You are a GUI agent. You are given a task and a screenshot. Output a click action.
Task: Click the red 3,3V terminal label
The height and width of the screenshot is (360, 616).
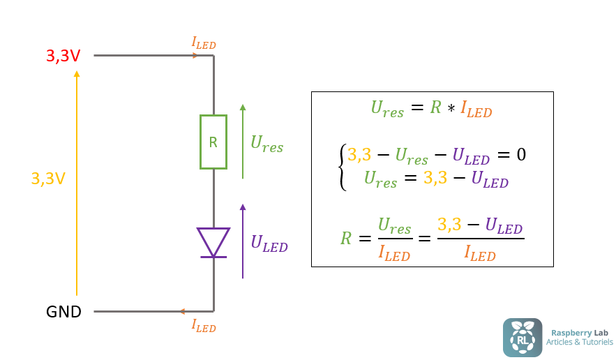[x=63, y=57]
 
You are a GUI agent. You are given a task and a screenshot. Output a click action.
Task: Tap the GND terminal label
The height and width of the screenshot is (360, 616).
[x=63, y=312]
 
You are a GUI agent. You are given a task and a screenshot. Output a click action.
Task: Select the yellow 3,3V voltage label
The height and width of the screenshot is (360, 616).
[x=48, y=179]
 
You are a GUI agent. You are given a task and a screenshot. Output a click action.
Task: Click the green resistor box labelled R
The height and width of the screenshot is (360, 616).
[x=213, y=142]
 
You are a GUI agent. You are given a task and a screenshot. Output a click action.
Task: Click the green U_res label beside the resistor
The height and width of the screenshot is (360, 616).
[x=266, y=144]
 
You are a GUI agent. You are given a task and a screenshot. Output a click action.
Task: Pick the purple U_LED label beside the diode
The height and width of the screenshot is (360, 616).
[x=269, y=243]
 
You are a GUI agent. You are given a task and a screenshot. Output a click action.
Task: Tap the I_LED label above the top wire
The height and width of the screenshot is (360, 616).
[x=204, y=43]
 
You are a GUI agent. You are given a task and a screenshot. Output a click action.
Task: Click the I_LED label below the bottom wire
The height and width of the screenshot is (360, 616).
[x=204, y=325]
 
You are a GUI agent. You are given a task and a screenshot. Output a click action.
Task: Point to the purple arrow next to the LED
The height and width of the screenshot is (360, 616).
[x=243, y=241]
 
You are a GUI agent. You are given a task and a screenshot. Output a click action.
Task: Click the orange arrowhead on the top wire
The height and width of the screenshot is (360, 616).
[x=195, y=55]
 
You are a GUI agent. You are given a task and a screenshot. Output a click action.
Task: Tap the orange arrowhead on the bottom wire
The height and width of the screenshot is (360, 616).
[x=182, y=311]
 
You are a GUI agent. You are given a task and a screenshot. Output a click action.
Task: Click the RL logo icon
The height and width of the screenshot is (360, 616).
[x=522, y=337]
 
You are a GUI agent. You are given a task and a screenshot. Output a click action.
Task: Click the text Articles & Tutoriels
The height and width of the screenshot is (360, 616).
[x=579, y=342]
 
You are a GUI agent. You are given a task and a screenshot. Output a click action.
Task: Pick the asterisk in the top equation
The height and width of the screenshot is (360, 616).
[x=451, y=110]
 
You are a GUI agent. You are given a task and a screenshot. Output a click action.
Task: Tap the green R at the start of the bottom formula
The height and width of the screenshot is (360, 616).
[x=346, y=239]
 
